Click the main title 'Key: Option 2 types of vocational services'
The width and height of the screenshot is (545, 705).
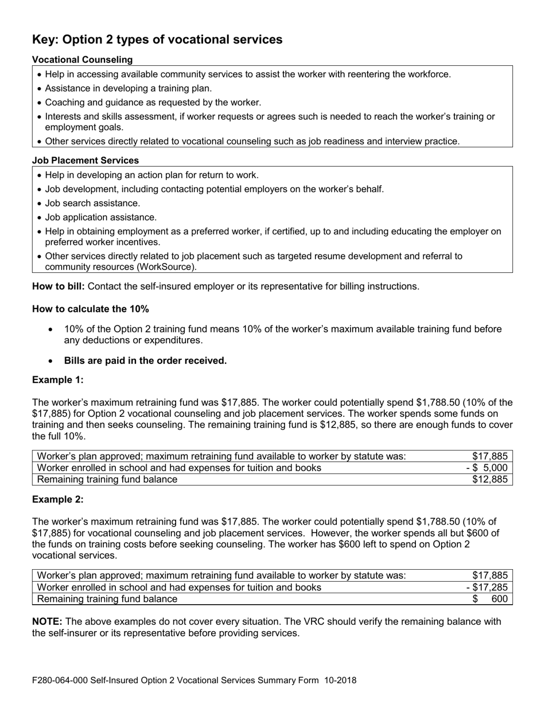[157, 40]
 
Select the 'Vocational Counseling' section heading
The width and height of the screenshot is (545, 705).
[82, 60]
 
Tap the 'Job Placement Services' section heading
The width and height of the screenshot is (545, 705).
[85, 160]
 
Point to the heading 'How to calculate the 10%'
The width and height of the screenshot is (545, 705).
[90, 309]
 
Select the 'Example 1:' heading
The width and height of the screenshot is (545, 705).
[57, 380]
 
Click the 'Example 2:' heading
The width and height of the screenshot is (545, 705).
[57, 499]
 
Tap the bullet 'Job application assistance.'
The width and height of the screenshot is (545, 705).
[100, 217]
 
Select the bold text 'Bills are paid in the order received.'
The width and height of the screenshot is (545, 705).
[145, 361]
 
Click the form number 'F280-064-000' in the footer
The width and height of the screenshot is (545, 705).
[60, 680]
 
